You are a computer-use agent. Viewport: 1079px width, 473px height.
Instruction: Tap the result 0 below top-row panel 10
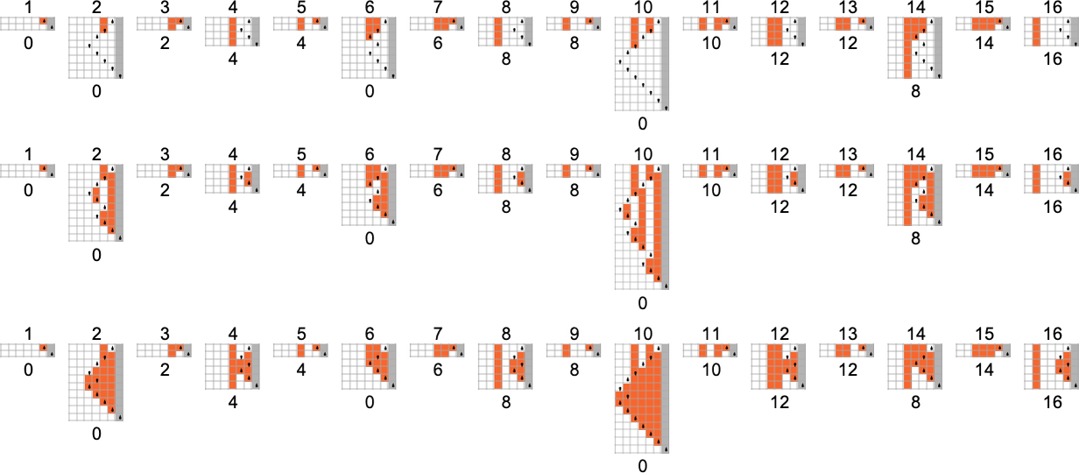click(643, 124)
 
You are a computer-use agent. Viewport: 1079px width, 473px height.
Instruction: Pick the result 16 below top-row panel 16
click(1053, 60)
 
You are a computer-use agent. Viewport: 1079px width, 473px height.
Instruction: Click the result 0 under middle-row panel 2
click(96, 255)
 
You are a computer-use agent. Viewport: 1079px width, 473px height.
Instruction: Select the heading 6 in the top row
click(370, 8)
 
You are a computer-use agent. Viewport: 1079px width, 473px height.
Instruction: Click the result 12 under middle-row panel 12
click(779, 208)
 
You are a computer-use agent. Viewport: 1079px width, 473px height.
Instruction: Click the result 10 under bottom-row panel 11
click(711, 370)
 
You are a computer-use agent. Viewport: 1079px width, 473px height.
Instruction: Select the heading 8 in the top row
click(506, 8)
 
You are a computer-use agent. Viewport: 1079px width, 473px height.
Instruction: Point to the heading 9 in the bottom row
click(575, 334)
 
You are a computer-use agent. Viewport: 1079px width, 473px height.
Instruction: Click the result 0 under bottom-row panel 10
click(643, 466)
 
